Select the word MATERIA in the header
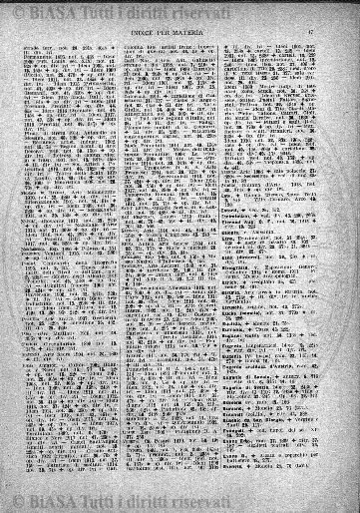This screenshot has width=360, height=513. (211, 37)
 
